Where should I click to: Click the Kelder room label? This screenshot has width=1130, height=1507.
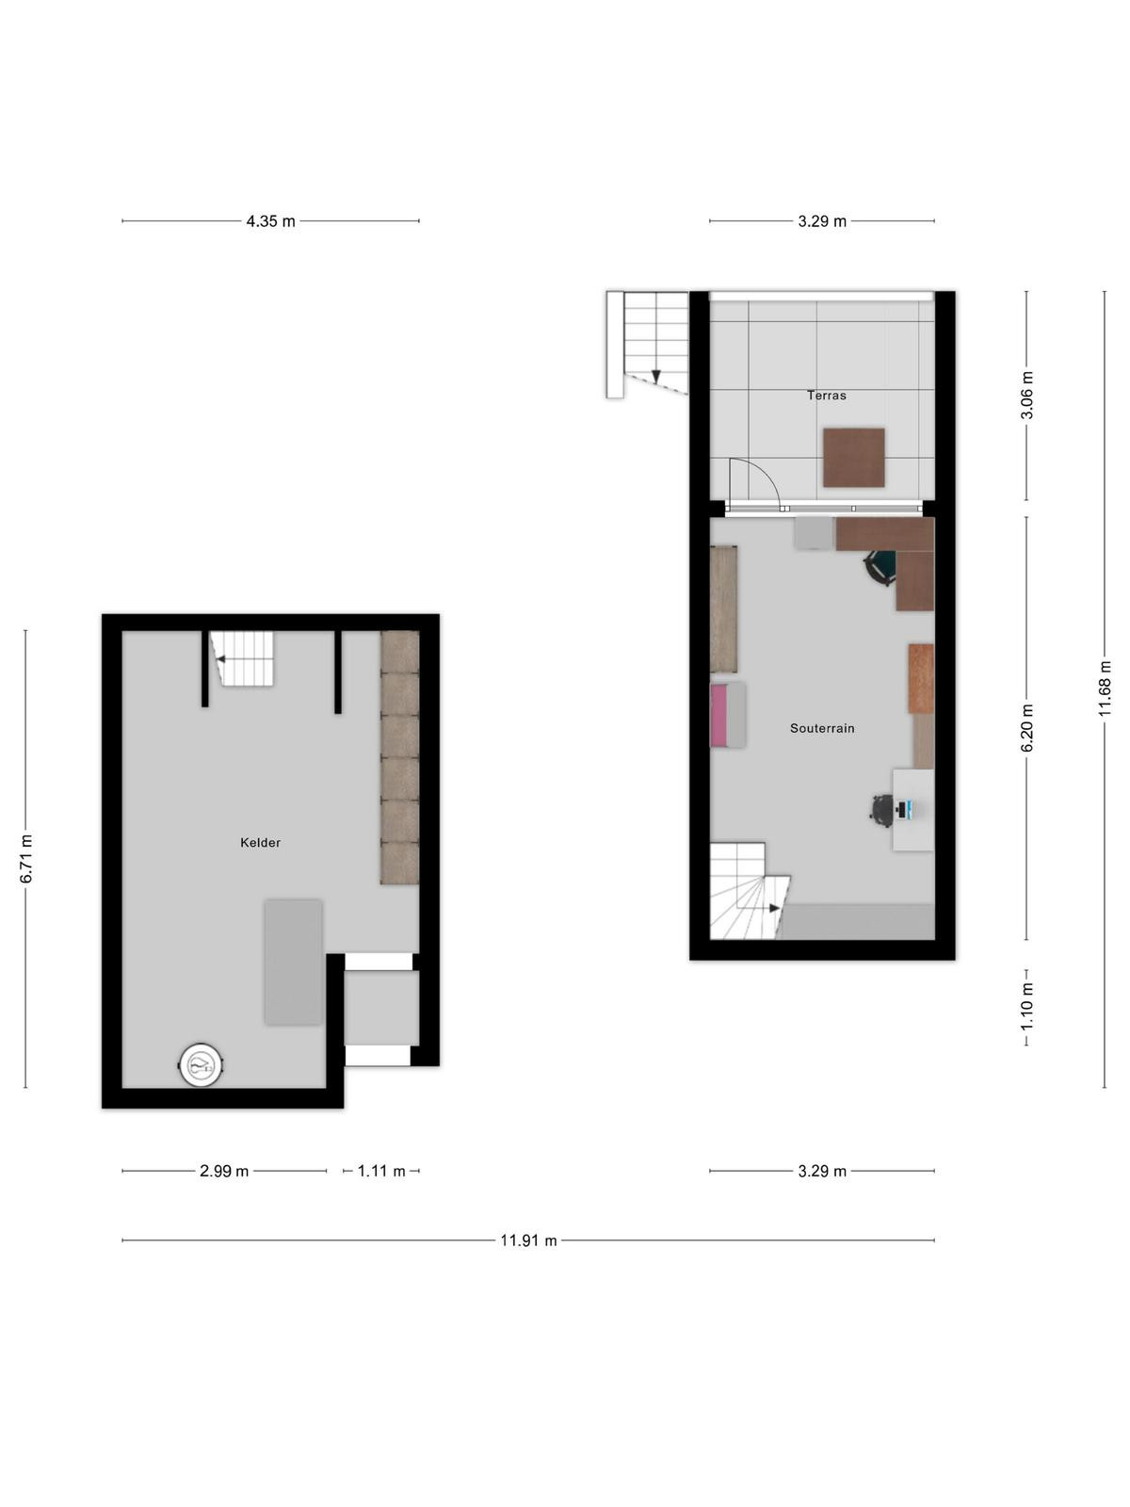pyautogui.click(x=260, y=842)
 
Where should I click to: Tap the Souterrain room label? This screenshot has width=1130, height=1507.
pyautogui.click(x=822, y=728)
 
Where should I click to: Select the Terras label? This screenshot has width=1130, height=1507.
pyautogui.click(x=826, y=396)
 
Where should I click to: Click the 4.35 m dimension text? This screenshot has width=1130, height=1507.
pyautogui.click(x=270, y=221)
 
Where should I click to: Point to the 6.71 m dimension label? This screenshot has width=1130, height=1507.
pyautogui.click(x=26, y=859)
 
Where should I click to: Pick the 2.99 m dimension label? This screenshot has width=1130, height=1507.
pyautogui.click(x=224, y=1172)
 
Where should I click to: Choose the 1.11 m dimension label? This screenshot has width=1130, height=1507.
pyautogui.click(x=380, y=1172)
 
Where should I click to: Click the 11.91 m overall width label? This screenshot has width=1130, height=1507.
pyautogui.click(x=528, y=1240)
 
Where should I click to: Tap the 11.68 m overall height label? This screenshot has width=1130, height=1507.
pyautogui.click(x=1104, y=689)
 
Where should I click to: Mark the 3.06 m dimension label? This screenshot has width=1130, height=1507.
pyautogui.click(x=1026, y=396)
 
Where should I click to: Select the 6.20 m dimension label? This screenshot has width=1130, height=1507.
pyautogui.click(x=1026, y=728)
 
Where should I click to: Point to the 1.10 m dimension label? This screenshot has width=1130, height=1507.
pyautogui.click(x=1026, y=1007)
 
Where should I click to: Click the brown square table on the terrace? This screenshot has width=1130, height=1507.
pyautogui.click(x=853, y=458)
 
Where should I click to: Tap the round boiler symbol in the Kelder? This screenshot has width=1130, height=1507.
pyautogui.click(x=202, y=1066)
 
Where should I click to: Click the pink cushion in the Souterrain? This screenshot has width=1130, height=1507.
pyautogui.click(x=718, y=715)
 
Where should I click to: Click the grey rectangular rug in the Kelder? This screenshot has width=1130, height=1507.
pyautogui.click(x=294, y=963)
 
